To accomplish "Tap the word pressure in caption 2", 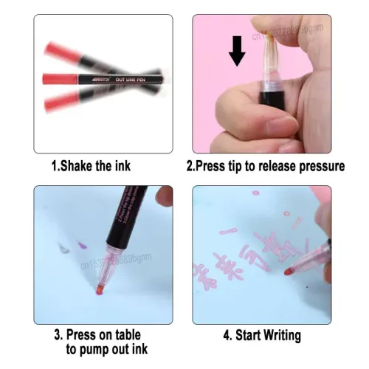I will click(x=319, y=166).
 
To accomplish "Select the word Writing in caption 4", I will click(x=278, y=336).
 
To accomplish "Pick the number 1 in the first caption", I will click(x=54, y=166).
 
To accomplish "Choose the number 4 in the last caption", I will click(x=227, y=336).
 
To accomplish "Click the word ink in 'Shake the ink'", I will click(x=126, y=166).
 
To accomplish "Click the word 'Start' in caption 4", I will click(x=246, y=336).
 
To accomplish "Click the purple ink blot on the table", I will click(x=81, y=249).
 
